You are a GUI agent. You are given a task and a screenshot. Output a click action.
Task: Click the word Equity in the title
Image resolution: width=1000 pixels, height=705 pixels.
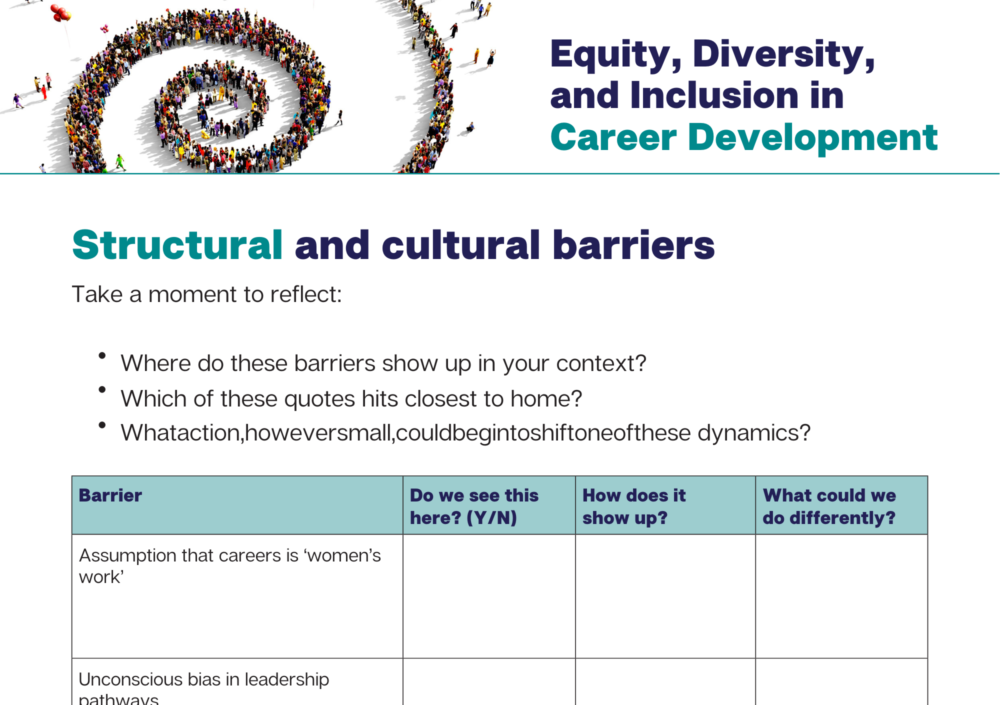(615, 55)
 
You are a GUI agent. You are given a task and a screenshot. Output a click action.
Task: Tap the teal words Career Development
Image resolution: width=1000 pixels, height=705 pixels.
(744, 137)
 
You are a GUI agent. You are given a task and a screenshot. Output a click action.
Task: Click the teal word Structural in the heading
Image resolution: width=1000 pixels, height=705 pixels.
(178, 245)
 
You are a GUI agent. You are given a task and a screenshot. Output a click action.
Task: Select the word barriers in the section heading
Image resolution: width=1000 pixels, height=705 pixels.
(634, 245)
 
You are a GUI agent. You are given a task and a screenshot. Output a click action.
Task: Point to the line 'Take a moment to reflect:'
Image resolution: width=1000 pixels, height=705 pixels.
(207, 294)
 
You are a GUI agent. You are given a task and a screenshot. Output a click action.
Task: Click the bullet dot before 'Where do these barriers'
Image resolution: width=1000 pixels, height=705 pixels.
(102, 355)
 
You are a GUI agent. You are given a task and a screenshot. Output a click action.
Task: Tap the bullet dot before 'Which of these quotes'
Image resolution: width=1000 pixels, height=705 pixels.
(102, 389)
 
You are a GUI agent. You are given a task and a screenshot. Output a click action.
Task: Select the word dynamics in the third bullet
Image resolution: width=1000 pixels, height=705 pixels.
(754, 433)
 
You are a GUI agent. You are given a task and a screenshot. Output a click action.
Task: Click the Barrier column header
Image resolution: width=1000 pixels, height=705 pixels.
(110, 495)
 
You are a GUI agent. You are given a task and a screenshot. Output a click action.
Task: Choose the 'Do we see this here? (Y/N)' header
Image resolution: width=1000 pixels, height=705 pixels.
(474, 506)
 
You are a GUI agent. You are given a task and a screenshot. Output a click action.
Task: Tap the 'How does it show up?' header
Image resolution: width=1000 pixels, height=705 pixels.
(634, 506)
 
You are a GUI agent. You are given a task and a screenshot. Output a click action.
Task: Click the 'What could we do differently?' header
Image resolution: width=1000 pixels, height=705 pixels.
(829, 506)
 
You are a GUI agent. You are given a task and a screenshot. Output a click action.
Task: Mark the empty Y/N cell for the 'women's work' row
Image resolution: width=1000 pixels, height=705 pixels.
(489, 596)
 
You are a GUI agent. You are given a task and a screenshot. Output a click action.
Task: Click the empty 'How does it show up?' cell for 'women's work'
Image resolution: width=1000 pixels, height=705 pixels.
(665, 596)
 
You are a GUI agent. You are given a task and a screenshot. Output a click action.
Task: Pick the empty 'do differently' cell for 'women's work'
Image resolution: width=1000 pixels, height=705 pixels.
(841, 596)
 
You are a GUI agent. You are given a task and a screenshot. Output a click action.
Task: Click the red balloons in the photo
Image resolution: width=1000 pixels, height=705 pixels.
(61, 13)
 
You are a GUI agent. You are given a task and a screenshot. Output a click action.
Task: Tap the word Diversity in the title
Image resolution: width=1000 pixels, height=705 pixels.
(783, 55)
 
